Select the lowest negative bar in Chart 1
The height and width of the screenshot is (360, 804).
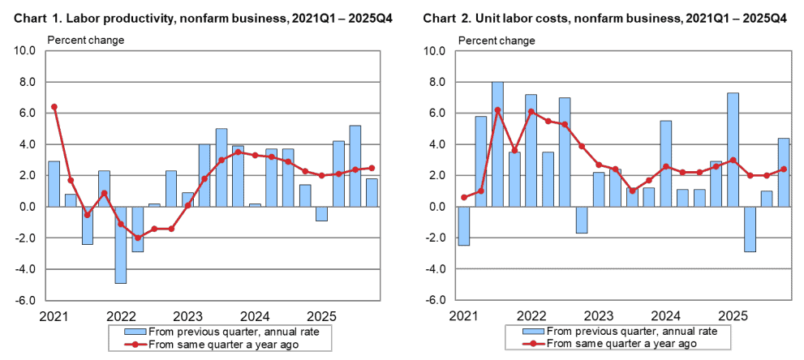[120, 244]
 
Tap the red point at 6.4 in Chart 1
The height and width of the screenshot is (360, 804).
[54, 107]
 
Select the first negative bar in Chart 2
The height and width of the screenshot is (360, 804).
[463, 225]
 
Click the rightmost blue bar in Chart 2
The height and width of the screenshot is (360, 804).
[783, 172]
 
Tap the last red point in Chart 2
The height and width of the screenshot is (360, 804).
[783, 169]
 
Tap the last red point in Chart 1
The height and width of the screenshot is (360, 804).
[372, 168]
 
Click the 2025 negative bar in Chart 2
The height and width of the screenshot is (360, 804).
[750, 229]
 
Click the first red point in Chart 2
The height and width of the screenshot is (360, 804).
[463, 197]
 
